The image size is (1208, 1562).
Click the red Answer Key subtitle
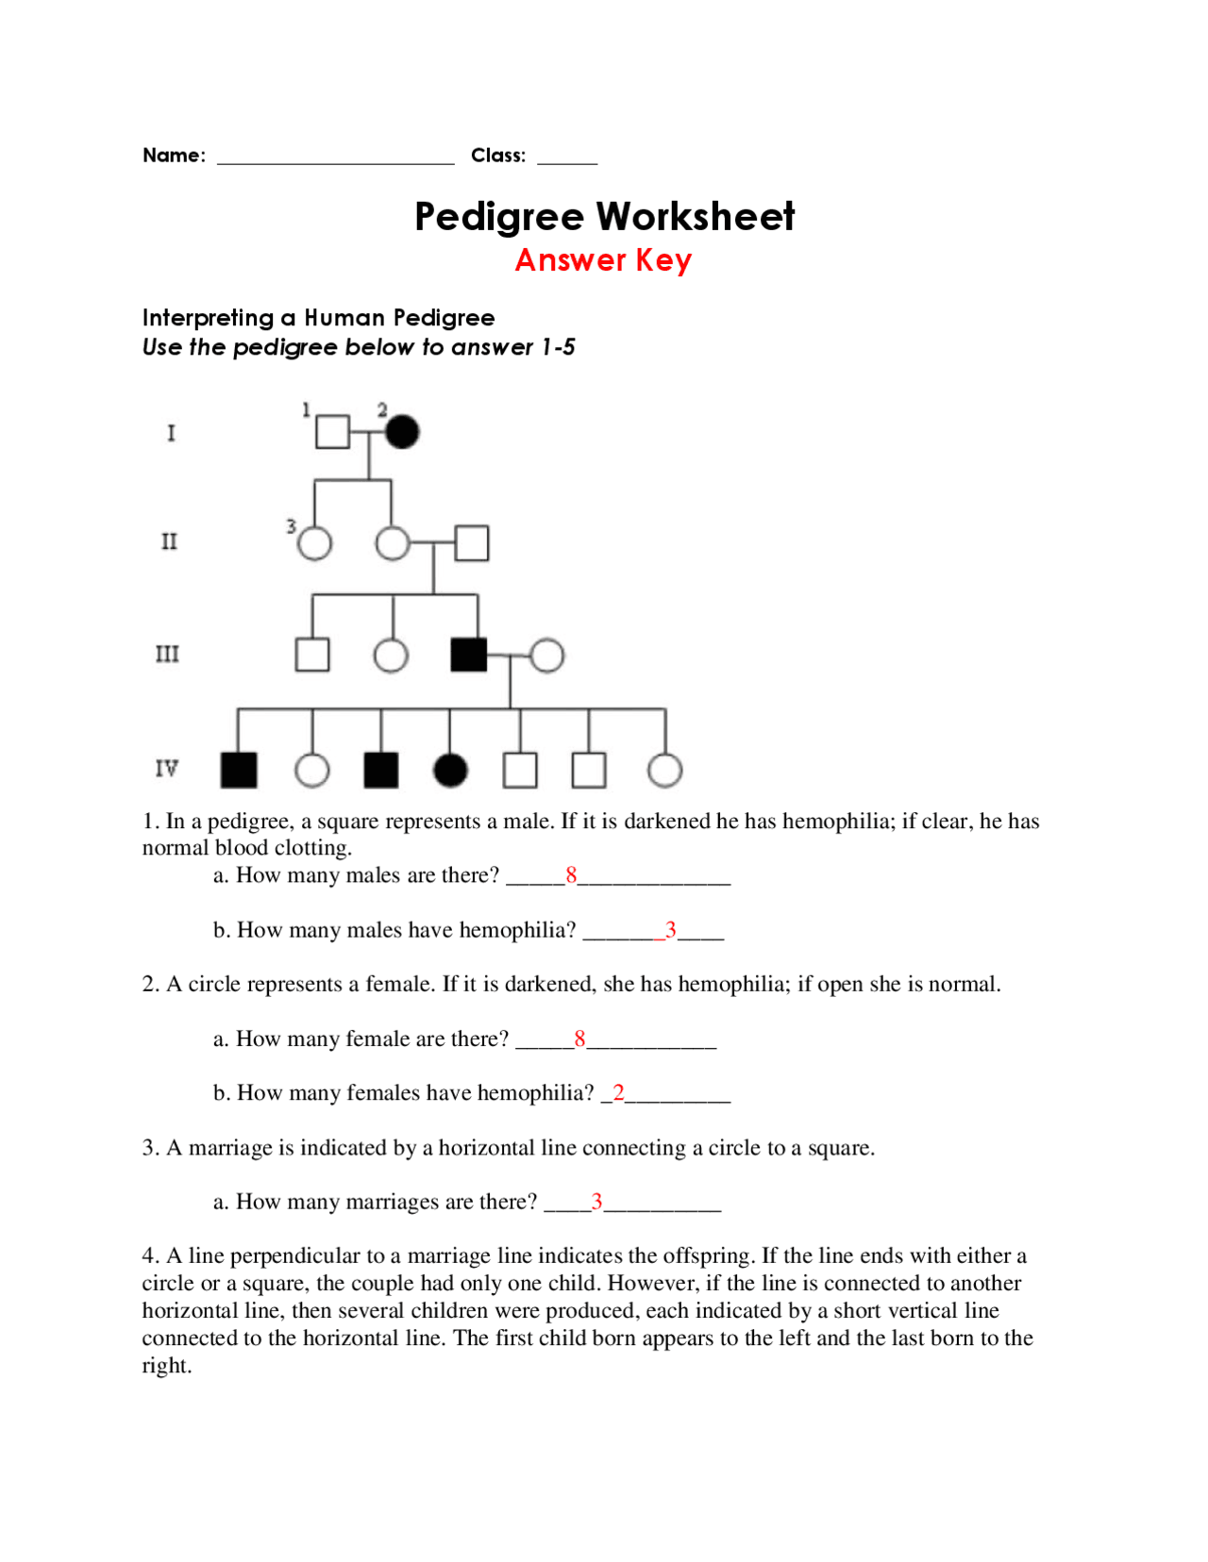pyautogui.click(x=603, y=260)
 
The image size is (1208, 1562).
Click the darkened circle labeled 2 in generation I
pyautogui.click(x=402, y=432)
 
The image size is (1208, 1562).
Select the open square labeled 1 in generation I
pyautogui.click(x=332, y=432)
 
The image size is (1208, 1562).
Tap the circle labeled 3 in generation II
pyautogui.click(x=314, y=543)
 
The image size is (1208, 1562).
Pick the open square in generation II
pyautogui.click(x=472, y=543)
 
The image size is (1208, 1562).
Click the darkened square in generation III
pyautogui.click(x=469, y=655)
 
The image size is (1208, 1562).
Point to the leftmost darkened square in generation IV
pyautogui.click(x=239, y=770)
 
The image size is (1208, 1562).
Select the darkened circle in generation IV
pyautogui.click(x=450, y=770)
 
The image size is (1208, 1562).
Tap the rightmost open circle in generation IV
pyautogui.click(x=665, y=770)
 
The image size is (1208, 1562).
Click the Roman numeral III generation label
pyautogui.click(x=167, y=655)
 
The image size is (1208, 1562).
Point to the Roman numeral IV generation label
pyautogui.click(x=167, y=769)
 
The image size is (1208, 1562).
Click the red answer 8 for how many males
pyautogui.click(x=571, y=875)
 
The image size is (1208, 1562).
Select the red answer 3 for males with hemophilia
pyautogui.click(x=670, y=930)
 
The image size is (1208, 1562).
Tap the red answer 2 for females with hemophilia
pyautogui.click(x=618, y=1092)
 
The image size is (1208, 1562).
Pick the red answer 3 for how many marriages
pyautogui.click(x=596, y=1202)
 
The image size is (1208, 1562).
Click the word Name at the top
pyautogui.click(x=173, y=156)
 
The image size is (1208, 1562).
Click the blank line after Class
pyautogui.click(x=567, y=159)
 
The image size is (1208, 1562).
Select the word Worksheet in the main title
pyautogui.click(x=694, y=217)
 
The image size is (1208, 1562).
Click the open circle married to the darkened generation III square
pyautogui.click(x=547, y=655)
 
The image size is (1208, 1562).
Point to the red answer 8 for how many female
pyautogui.click(x=579, y=1039)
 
